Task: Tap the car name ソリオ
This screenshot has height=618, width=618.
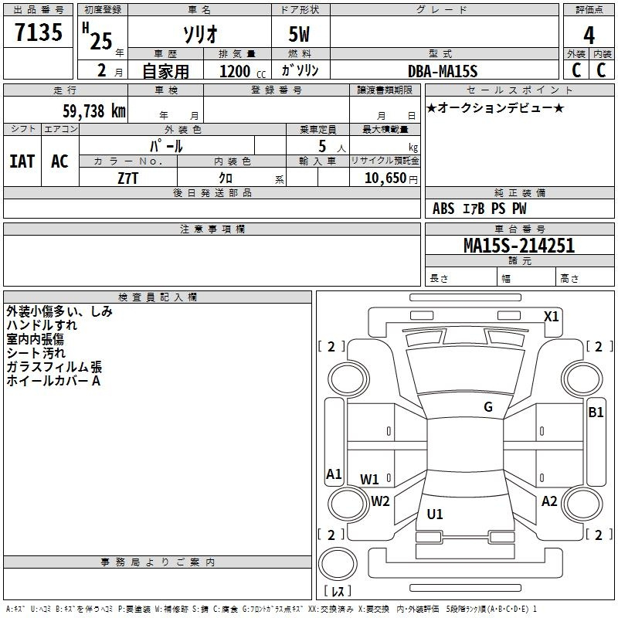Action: coord(199,36)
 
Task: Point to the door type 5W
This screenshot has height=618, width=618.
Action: coord(300,36)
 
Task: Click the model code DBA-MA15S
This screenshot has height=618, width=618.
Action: coord(443,70)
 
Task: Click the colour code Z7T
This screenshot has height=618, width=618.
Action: coord(127,177)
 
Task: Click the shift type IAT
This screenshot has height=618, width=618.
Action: coord(22,161)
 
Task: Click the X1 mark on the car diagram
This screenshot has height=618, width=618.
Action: coord(551,316)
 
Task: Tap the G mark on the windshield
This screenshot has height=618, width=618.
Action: coord(487,407)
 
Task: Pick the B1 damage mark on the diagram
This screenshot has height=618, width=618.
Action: coord(596,412)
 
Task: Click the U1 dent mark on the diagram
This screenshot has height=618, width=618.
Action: coord(435,514)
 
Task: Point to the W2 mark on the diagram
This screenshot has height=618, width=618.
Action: coord(380,501)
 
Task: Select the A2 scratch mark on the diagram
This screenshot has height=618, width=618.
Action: coord(549,501)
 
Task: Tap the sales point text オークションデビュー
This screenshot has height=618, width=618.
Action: coord(495,108)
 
